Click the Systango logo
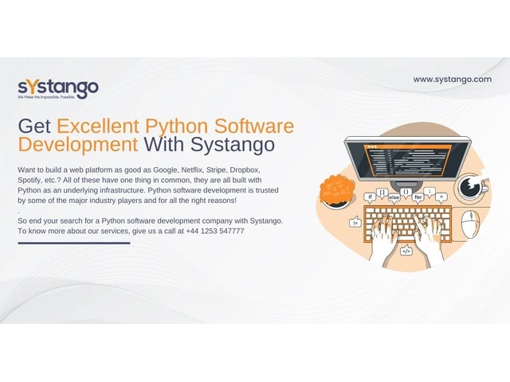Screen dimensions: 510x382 [x=58, y=88]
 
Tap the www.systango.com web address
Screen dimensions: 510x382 [x=452, y=80]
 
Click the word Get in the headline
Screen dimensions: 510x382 [x=34, y=126]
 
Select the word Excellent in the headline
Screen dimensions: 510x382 [x=98, y=126]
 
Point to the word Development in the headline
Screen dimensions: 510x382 [x=78, y=145]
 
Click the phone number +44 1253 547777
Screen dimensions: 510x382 [x=215, y=231]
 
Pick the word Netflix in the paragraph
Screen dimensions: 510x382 [x=192, y=170]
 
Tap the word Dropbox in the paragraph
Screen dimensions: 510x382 [x=245, y=170]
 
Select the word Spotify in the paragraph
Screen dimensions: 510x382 [x=29, y=181]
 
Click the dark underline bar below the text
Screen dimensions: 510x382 [x=74, y=243]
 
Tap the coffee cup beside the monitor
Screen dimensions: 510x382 [x=471, y=186]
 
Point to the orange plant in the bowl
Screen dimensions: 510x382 [x=337, y=191]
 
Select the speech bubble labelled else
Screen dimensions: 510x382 [x=394, y=198]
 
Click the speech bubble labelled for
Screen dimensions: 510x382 [x=418, y=197]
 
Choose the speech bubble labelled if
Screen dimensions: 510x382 [x=370, y=197]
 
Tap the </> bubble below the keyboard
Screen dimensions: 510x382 [x=406, y=251]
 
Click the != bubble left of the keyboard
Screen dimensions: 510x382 [x=355, y=223]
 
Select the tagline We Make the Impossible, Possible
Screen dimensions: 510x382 [x=46, y=97]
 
